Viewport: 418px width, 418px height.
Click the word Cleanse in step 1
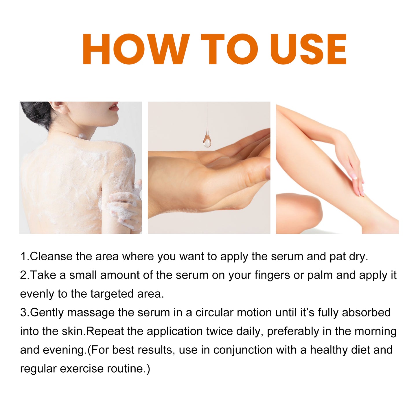51,257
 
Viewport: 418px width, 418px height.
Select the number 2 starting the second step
23,275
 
